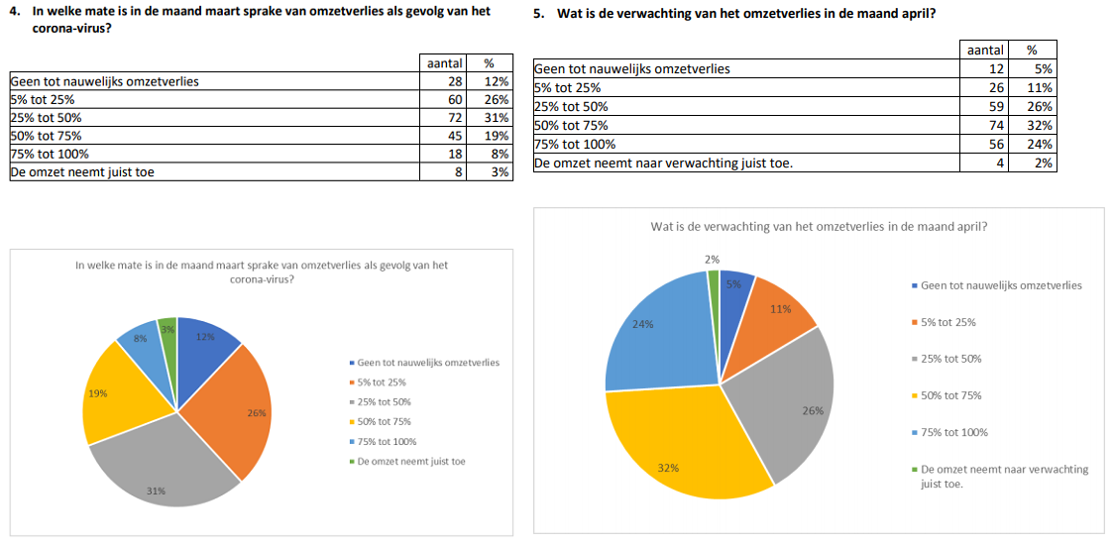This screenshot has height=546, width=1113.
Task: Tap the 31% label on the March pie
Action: click(157, 491)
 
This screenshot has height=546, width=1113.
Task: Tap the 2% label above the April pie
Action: click(713, 259)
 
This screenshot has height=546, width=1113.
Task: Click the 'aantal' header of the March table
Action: click(444, 63)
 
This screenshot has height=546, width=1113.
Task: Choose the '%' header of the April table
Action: click(1032, 50)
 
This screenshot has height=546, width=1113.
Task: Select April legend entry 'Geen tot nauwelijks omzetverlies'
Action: click(1001, 285)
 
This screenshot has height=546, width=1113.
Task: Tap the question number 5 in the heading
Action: click(538, 14)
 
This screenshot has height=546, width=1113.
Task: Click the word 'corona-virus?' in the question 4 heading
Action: click(70, 30)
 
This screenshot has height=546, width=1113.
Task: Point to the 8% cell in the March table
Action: click(500, 154)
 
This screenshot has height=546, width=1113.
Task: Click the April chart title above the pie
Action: click(818, 226)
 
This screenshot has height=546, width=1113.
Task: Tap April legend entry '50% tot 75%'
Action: click(950, 395)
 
